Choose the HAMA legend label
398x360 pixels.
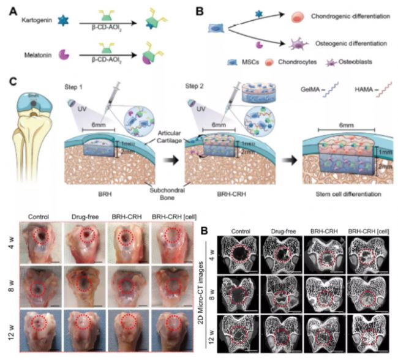click(353, 89)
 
